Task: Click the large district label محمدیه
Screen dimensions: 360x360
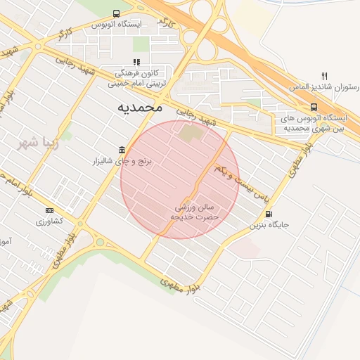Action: [x=139, y=107]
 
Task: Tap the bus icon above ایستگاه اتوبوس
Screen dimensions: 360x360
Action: [x=116, y=13]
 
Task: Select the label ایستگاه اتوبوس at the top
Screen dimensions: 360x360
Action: [x=116, y=24]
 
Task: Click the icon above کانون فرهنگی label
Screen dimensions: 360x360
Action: [x=136, y=62]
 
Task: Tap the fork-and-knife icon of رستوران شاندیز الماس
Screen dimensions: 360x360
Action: [x=324, y=76]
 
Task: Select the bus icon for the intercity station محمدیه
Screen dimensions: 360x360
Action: [x=314, y=108]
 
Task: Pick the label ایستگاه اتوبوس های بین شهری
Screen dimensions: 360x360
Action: [x=310, y=123]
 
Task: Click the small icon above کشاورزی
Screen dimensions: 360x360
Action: [x=49, y=210]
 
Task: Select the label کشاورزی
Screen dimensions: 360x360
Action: [x=49, y=221]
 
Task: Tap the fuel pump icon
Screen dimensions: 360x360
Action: [x=269, y=214]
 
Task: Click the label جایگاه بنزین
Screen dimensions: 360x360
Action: [x=269, y=226]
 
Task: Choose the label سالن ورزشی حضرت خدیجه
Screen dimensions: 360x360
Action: [x=195, y=212]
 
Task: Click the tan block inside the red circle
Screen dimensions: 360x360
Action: [x=189, y=132]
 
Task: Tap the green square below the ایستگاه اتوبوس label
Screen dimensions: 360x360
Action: [x=141, y=44]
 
